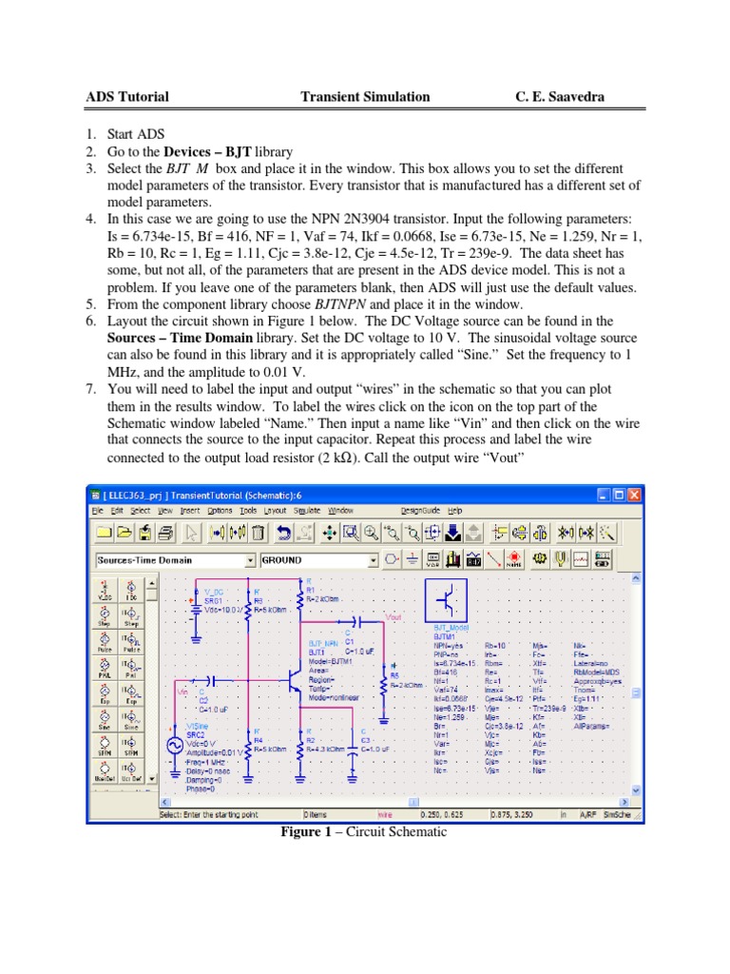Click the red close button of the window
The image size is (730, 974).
(x=635, y=495)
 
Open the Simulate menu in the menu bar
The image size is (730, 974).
(x=306, y=510)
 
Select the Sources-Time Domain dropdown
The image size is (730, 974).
(x=176, y=560)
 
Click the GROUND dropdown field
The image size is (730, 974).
(x=317, y=560)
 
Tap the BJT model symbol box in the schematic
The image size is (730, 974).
(x=449, y=602)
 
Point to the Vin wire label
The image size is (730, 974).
(x=182, y=692)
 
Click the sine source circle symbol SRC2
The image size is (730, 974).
(x=175, y=747)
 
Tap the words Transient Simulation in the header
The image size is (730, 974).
(x=365, y=96)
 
